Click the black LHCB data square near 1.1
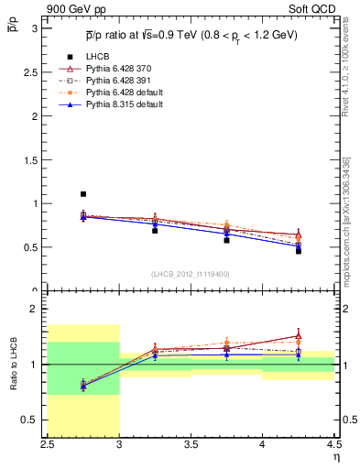83,194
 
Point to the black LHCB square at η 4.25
298,250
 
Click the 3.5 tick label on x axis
191,445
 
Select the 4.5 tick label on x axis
333,445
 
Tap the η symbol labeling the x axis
336,457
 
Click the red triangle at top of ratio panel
298,336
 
